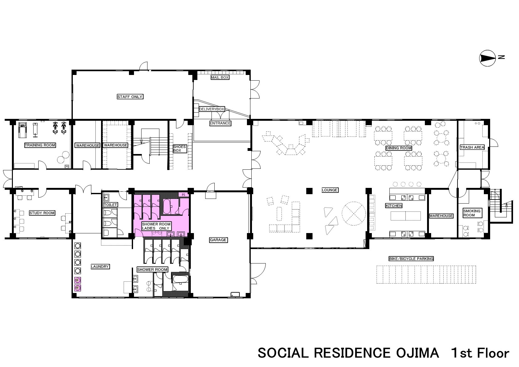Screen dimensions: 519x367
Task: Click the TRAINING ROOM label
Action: pos(40,145)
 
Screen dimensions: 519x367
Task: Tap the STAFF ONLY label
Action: pos(130,97)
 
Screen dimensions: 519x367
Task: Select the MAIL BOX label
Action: pos(220,77)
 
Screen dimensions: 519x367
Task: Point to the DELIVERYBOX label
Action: pos(212,109)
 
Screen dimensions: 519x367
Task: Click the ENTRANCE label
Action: pos(220,123)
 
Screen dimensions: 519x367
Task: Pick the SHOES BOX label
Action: pos(179,148)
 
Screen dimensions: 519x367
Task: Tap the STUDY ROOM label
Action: pos(42,213)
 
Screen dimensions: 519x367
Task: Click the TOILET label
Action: pos(110,205)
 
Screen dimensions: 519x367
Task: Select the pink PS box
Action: pos(184,195)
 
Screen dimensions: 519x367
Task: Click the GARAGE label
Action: pos(218,240)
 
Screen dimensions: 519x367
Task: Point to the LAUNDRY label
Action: pos(100,267)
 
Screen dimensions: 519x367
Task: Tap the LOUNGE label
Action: pos(330,190)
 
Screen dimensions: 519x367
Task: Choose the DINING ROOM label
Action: pos(399,148)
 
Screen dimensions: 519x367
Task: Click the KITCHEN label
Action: pos(394,205)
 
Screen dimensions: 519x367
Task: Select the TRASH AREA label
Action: pos(472,147)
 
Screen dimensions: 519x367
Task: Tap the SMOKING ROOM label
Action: pos(473,213)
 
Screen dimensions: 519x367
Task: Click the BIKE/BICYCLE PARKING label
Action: pos(411,259)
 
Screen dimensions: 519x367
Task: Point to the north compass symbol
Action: pos(487,58)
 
